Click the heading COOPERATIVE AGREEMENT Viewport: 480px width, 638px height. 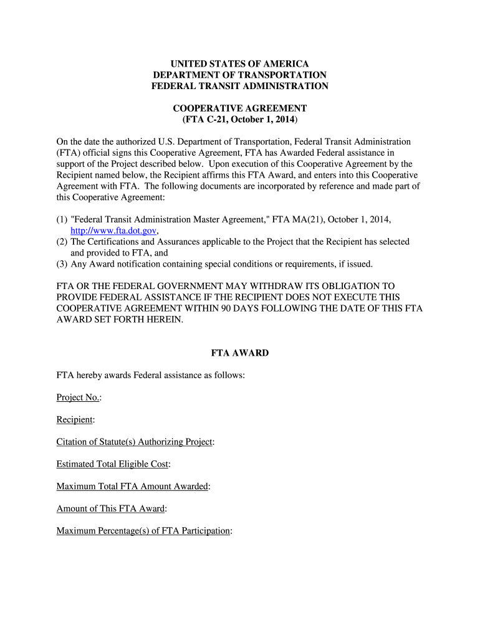[240, 108]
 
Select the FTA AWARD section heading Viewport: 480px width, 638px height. [240, 353]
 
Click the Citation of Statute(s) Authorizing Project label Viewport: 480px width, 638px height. [135, 442]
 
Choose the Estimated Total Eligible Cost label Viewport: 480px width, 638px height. [113, 464]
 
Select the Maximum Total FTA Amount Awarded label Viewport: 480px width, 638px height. [132, 487]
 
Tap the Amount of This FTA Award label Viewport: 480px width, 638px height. [111, 509]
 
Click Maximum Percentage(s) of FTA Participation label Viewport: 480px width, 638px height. [143, 531]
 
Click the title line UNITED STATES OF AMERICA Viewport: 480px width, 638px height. [240, 64]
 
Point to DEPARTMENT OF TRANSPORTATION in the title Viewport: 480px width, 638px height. [240, 75]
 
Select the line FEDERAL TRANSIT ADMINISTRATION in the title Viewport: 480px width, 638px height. [240, 86]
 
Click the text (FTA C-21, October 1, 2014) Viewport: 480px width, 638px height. [240, 119]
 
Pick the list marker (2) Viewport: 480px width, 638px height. [62, 242]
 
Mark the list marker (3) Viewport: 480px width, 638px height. [62, 264]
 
